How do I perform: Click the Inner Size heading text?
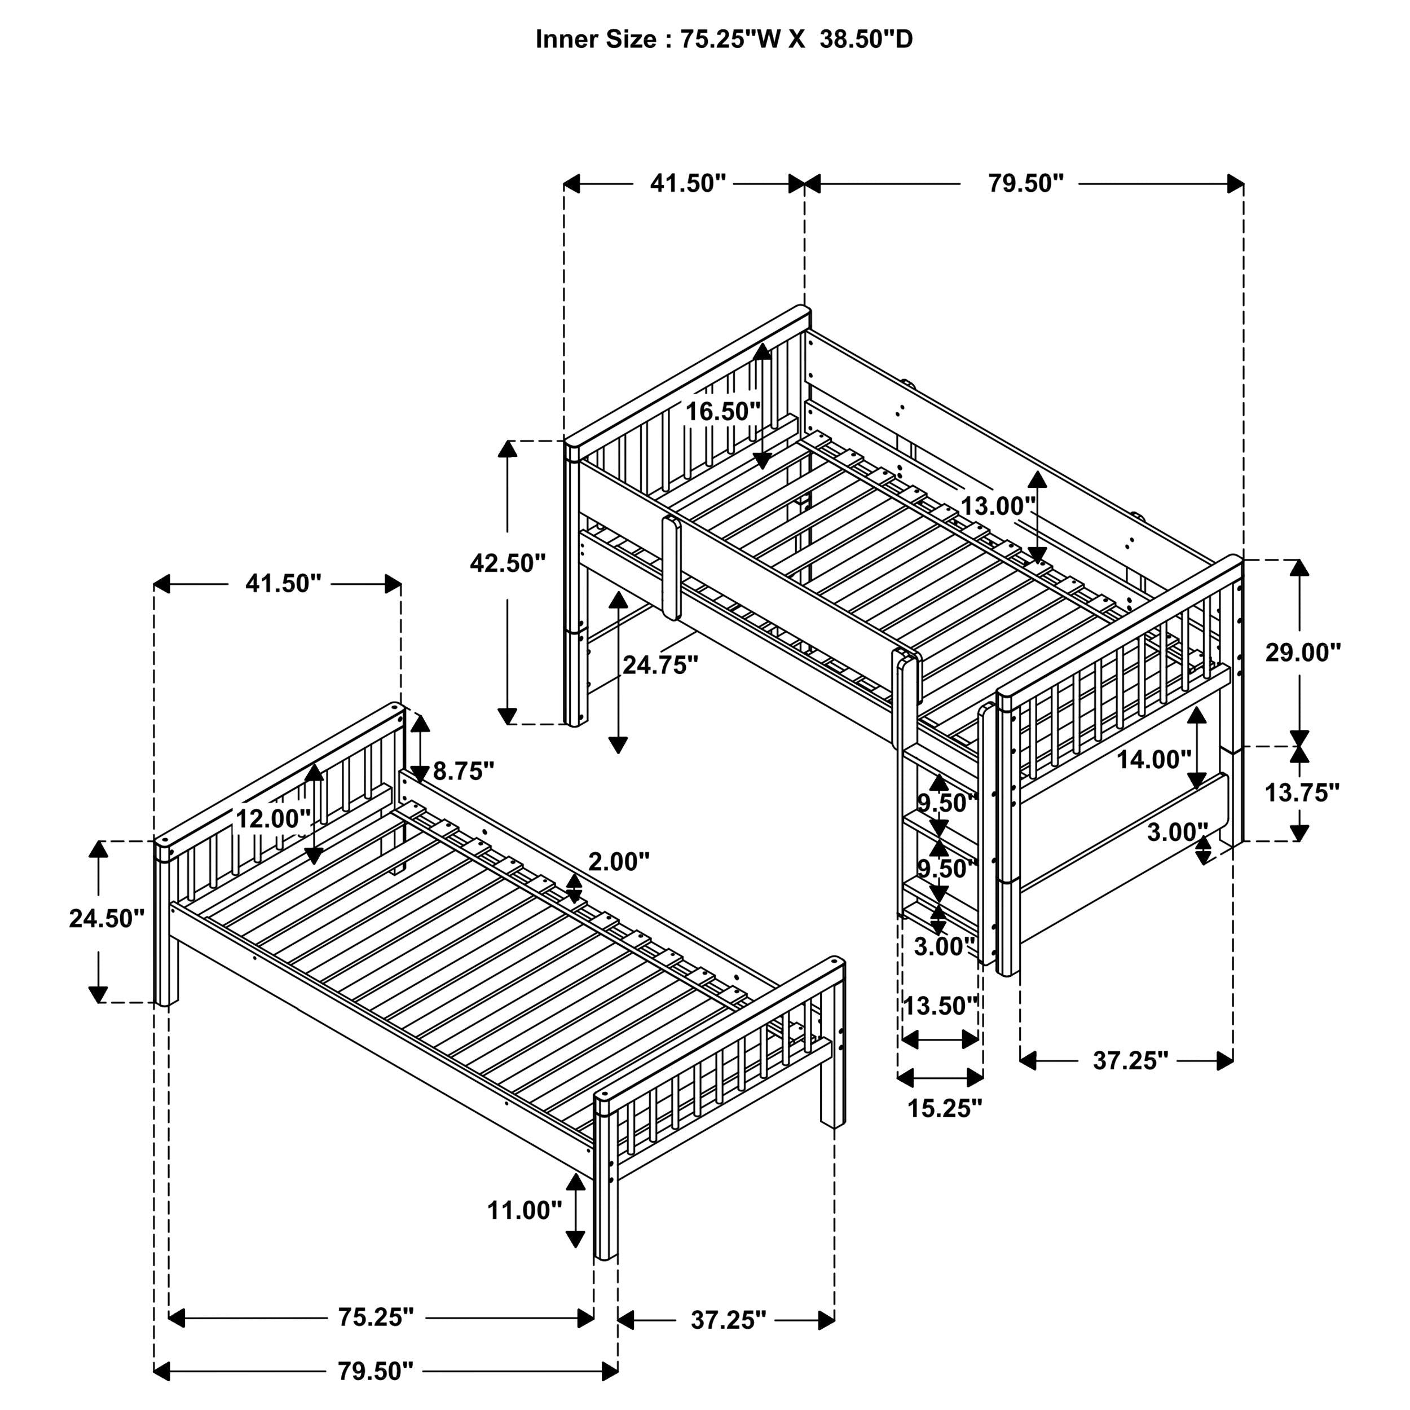[723, 39]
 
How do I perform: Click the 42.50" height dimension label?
[507, 563]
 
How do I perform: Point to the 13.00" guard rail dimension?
[997, 506]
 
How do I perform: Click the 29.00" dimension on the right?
[1303, 653]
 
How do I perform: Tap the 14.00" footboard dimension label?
[1153, 760]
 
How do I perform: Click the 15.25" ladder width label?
[944, 1109]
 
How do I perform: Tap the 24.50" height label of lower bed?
[107, 919]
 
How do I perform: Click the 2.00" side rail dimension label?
[619, 863]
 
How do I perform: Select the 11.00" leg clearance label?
[525, 1211]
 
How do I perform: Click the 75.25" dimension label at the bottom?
[376, 1318]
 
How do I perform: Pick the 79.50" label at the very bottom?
[375, 1371]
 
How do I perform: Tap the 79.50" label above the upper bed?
[1025, 184]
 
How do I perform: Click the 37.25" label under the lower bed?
[728, 1320]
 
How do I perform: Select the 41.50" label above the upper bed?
[688, 184]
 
